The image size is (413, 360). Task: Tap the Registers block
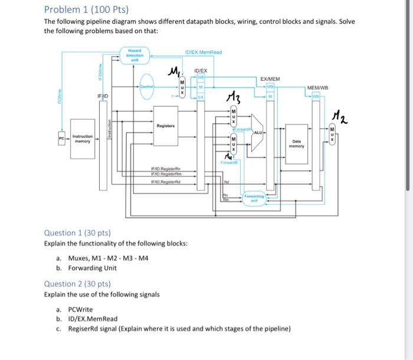click(165, 125)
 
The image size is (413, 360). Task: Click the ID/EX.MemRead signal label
click(203, 52)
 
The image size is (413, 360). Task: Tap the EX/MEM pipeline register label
click(270, 78)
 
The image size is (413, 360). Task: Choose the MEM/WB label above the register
click(317, 88)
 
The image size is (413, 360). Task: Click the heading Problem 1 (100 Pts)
click(86, 9)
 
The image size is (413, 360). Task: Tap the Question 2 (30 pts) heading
click(77, 283)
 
